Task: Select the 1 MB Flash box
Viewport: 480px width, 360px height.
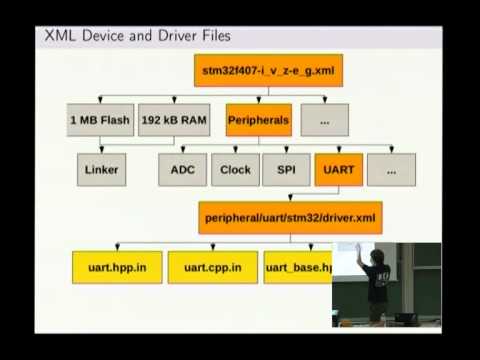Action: coord(100,120)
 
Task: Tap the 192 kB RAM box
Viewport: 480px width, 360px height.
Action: coord(173,120)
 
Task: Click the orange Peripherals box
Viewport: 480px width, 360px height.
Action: coord(258,120)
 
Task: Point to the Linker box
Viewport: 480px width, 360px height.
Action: coord(101,169)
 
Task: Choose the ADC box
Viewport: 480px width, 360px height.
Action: coord(182,169)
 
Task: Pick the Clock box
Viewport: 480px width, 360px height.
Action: coord(235,169)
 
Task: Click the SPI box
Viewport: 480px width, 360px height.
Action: coord(286,169)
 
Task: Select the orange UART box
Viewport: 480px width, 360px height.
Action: coord(338,169)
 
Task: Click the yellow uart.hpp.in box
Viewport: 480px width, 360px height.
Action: coord(116,267)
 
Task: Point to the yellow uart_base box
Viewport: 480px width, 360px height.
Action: coord(297,267)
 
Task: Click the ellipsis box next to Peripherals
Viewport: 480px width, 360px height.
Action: coord(324,120)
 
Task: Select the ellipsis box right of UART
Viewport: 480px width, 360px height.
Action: coord(391,169)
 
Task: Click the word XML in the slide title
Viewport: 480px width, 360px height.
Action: coord(59,37)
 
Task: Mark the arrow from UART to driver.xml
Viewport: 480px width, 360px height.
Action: coord(338,193)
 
